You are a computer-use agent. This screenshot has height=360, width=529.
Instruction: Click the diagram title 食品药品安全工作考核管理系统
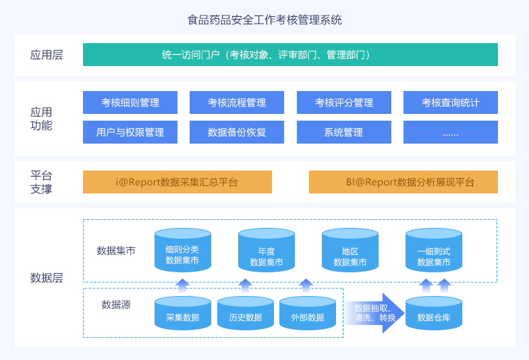(264, 20)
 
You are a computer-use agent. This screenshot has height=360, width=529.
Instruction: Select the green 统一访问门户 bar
(290, 55)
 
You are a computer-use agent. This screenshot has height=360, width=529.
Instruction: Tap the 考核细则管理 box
(130, 102)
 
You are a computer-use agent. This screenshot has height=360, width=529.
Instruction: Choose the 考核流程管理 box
(237, 102)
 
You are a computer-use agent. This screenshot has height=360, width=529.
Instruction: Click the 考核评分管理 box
(344, 102)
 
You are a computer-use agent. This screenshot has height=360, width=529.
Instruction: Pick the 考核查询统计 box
(451, 102)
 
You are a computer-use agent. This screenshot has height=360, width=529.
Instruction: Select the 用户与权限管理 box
(130, 132)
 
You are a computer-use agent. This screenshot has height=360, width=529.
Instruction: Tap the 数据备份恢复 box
(237, 132)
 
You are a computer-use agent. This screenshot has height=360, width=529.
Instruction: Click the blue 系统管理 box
(344, 132)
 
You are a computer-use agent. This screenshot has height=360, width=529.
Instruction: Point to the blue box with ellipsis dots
(451, 132)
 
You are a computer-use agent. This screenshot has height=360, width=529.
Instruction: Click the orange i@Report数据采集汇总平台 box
(177, 182)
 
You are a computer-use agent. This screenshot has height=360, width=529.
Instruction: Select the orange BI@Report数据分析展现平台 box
(403, 182)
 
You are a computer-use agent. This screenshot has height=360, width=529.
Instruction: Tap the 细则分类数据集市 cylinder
(183, 250)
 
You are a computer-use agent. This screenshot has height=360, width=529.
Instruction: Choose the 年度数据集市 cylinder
(267, 250)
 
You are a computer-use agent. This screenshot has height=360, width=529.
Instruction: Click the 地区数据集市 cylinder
(350, 250)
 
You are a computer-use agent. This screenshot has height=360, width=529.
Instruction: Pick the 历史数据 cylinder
(246, 313)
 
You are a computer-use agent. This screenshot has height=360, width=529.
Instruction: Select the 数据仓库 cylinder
(434, 313)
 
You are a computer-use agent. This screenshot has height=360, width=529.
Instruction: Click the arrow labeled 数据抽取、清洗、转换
(374, 313)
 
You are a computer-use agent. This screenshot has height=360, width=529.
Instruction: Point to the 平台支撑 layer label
(41, 182)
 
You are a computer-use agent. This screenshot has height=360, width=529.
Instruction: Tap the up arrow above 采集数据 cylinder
(182, 286)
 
